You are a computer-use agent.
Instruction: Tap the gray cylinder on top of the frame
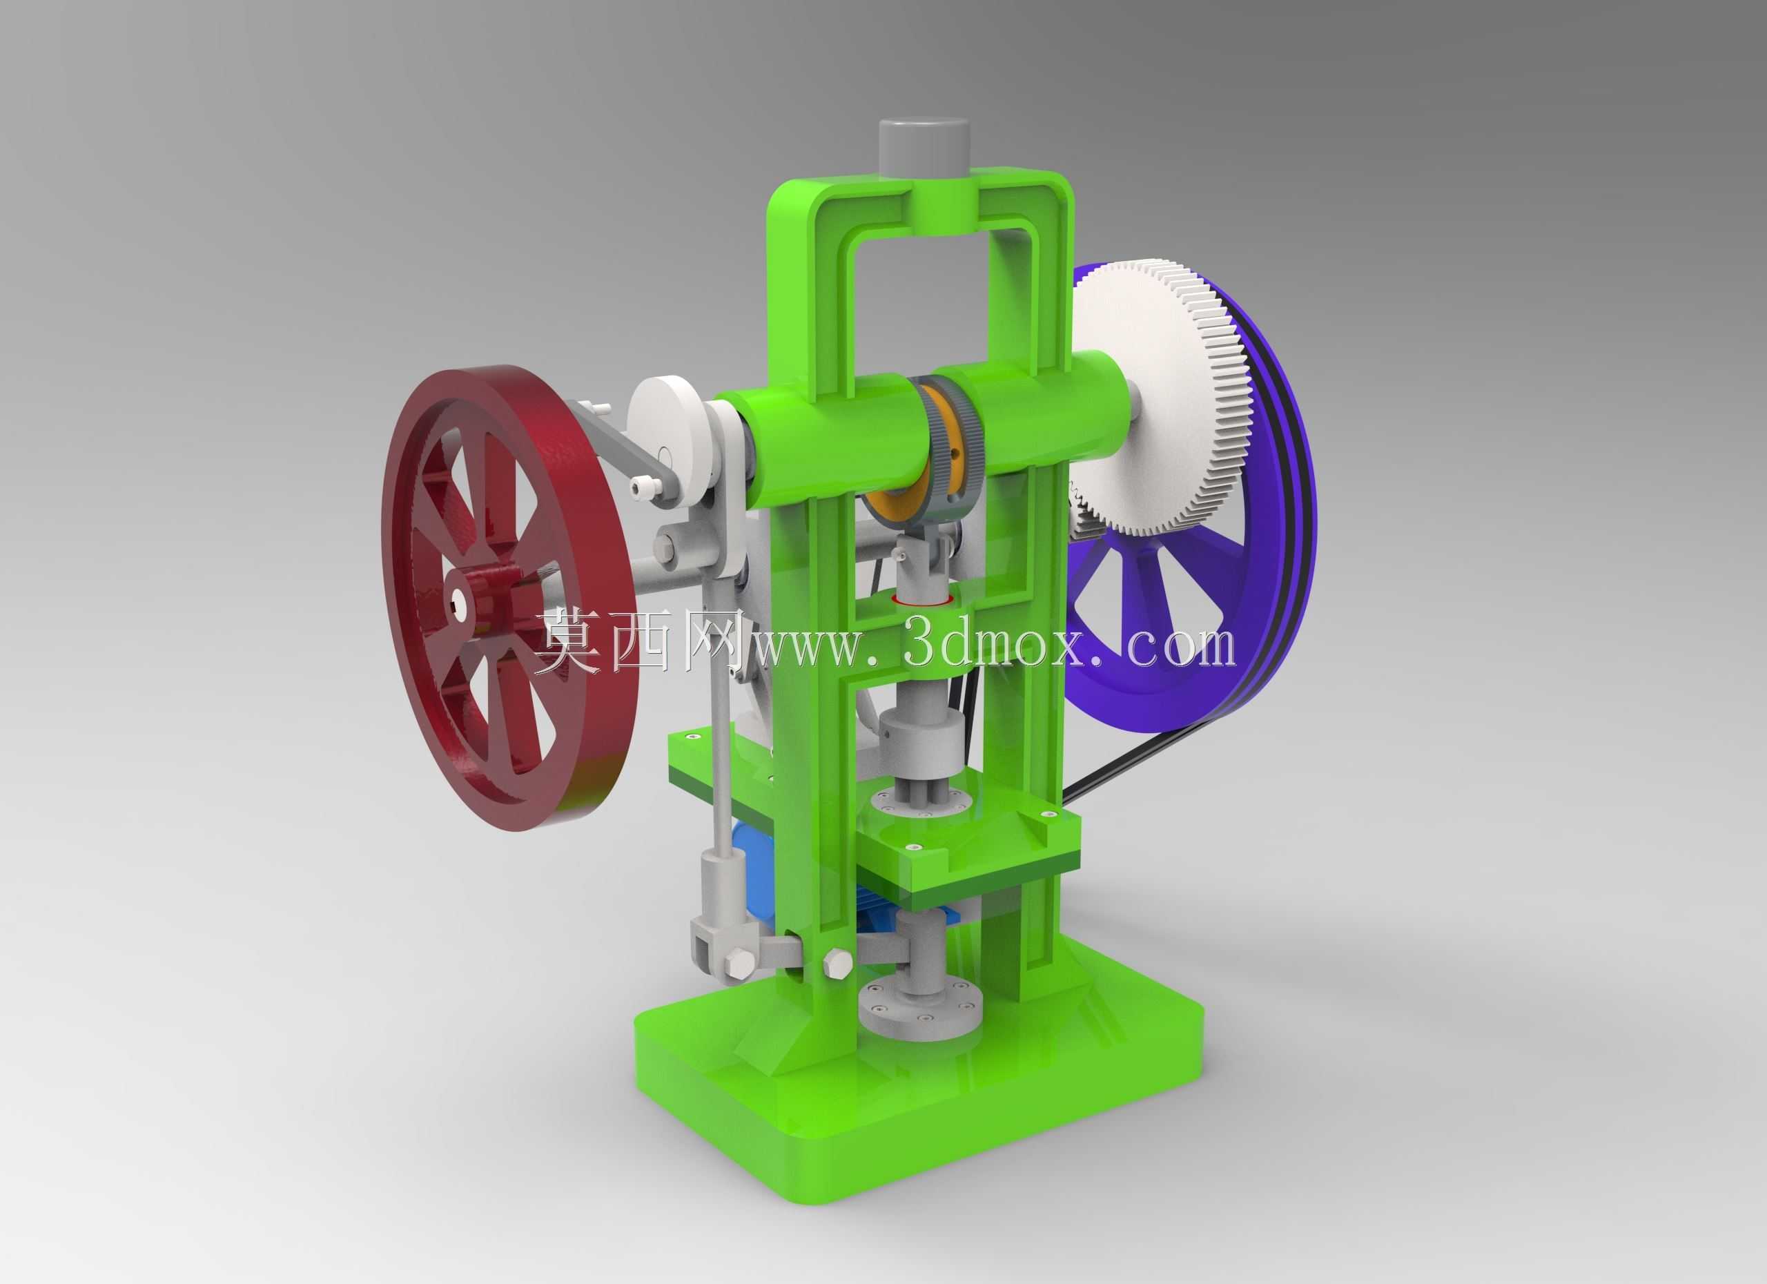point(924,150)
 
